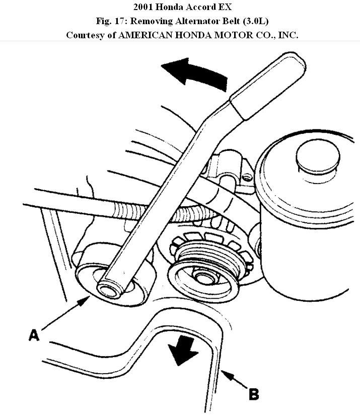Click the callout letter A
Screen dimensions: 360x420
[x=34, y=334]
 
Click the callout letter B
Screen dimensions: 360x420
[x=254, y=393]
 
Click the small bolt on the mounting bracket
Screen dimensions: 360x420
[x=246, y=177]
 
